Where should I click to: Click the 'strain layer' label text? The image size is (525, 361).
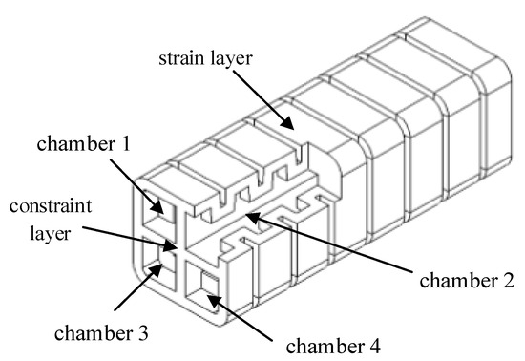pos(205,59)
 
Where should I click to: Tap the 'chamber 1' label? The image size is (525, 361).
pos(83,144)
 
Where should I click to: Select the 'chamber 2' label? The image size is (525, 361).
pos(467,280)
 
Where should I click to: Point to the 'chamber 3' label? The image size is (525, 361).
pos(101,333)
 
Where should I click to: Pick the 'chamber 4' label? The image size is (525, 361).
pos(333,347)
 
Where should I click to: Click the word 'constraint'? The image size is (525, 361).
pos(51,206)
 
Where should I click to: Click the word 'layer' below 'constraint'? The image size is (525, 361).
pos(51,233)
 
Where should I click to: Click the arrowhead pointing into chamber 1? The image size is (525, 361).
pos(157,206)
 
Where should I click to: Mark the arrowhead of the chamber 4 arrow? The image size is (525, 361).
pos(214,301)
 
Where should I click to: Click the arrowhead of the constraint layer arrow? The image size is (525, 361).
pos(170,245)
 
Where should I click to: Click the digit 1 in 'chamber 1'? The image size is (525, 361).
pos(126,144)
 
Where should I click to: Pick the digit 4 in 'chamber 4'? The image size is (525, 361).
pos(375,347)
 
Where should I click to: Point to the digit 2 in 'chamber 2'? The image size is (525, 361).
pos(508,280)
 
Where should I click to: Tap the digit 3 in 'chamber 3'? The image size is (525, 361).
pos(143,333)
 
